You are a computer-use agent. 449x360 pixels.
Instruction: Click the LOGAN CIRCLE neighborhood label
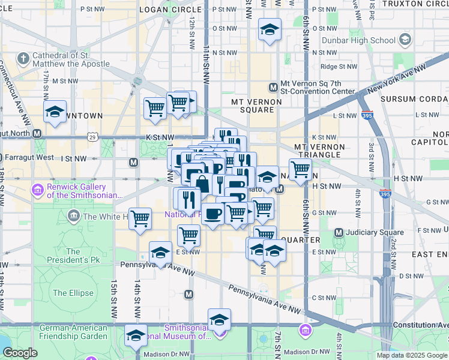pyautogui.click(x=170, y=10)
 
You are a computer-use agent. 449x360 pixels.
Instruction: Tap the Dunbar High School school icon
pyautogui.click(x=405, y=41)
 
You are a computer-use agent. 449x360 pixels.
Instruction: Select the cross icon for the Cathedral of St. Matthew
pyautogui.click(x=23, y=59)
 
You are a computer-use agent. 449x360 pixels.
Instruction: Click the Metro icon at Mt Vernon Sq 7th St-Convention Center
pyautogui.click(x=273, y=88)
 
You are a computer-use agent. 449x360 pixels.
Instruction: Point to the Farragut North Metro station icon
pyautogui.click(x=37, y=133)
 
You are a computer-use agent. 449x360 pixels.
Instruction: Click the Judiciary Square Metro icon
pyautogui.click(x=339, y=233)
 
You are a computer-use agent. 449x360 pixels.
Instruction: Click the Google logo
pyautogui.click(x=20, y=352)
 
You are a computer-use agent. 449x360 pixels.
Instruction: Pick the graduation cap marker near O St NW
pyautogui.click(x=270, y=28)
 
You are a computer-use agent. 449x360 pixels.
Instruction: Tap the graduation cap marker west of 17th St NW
pyautogui.click(x=55, y=112)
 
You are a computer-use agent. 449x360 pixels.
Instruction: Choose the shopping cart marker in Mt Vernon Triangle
pyautogui.click(x=300, y=169)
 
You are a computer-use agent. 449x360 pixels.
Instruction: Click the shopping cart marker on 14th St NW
pyautogui.click(x=140, y=218)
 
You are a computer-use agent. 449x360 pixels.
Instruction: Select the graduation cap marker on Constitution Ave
pyautogui.click(x=219, y=319)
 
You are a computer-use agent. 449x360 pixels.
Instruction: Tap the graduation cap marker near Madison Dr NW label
pyautogui.click(x=136, y=334)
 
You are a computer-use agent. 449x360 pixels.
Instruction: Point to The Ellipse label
pyautogui.click(x=73, y=293)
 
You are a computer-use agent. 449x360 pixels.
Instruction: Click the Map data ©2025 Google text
pyautogui.click(x=412, y=355)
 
